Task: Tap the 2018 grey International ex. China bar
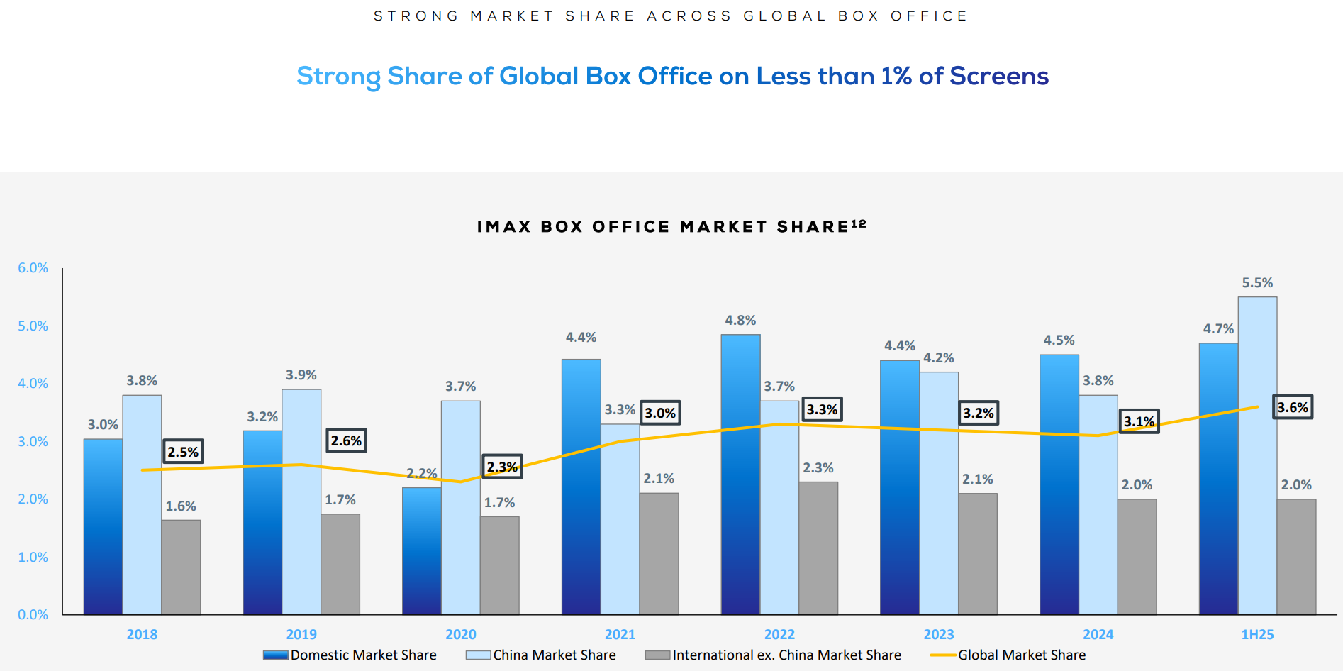point(181,567)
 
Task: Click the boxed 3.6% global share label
point(1292,407)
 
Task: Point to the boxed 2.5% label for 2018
point(183,452)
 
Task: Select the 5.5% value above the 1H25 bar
point(1257,283)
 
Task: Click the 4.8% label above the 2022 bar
point(740,321)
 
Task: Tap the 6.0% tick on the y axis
point(33,268)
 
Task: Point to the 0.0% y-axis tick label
point(33,615)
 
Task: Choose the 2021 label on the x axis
point(620,634)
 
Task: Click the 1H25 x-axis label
point(1257,634)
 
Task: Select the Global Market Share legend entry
point(1021,655)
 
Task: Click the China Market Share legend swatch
point(478,655)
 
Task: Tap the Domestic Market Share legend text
point(363,655)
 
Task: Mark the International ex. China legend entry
point(786,655)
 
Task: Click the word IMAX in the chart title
point(504,227)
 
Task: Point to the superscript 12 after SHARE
point(859,223)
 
